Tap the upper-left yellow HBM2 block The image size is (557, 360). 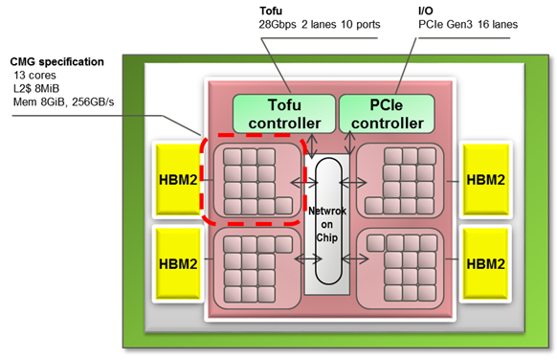click(x=178, y=180)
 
